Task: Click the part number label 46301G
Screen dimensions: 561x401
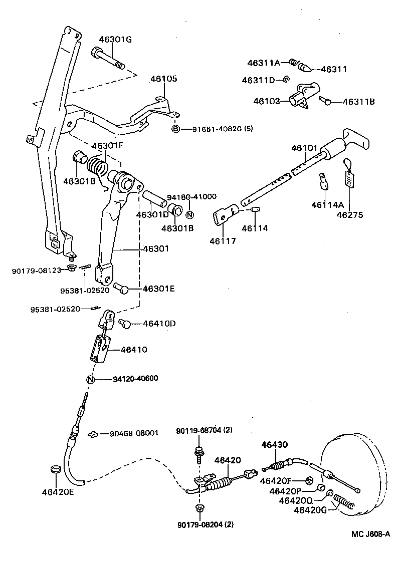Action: [115, 40]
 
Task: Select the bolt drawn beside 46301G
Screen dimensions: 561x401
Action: [107, 59]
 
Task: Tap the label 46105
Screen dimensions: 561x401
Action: [164, 79]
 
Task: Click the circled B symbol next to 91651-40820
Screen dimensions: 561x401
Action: [175, 129]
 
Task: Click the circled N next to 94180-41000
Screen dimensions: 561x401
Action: [189, 215]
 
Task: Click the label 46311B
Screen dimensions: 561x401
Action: [359, 102]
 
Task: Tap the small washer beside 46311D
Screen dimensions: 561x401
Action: [286, 80]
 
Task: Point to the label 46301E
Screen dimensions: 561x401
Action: [159, 289]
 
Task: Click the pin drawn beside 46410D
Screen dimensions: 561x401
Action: [125, 324]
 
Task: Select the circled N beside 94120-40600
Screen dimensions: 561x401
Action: [90, 379]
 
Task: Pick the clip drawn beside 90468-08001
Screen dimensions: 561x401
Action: [93, 434]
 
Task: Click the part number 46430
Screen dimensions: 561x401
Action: [275, 444]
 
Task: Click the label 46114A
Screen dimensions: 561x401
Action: [327, 204]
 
